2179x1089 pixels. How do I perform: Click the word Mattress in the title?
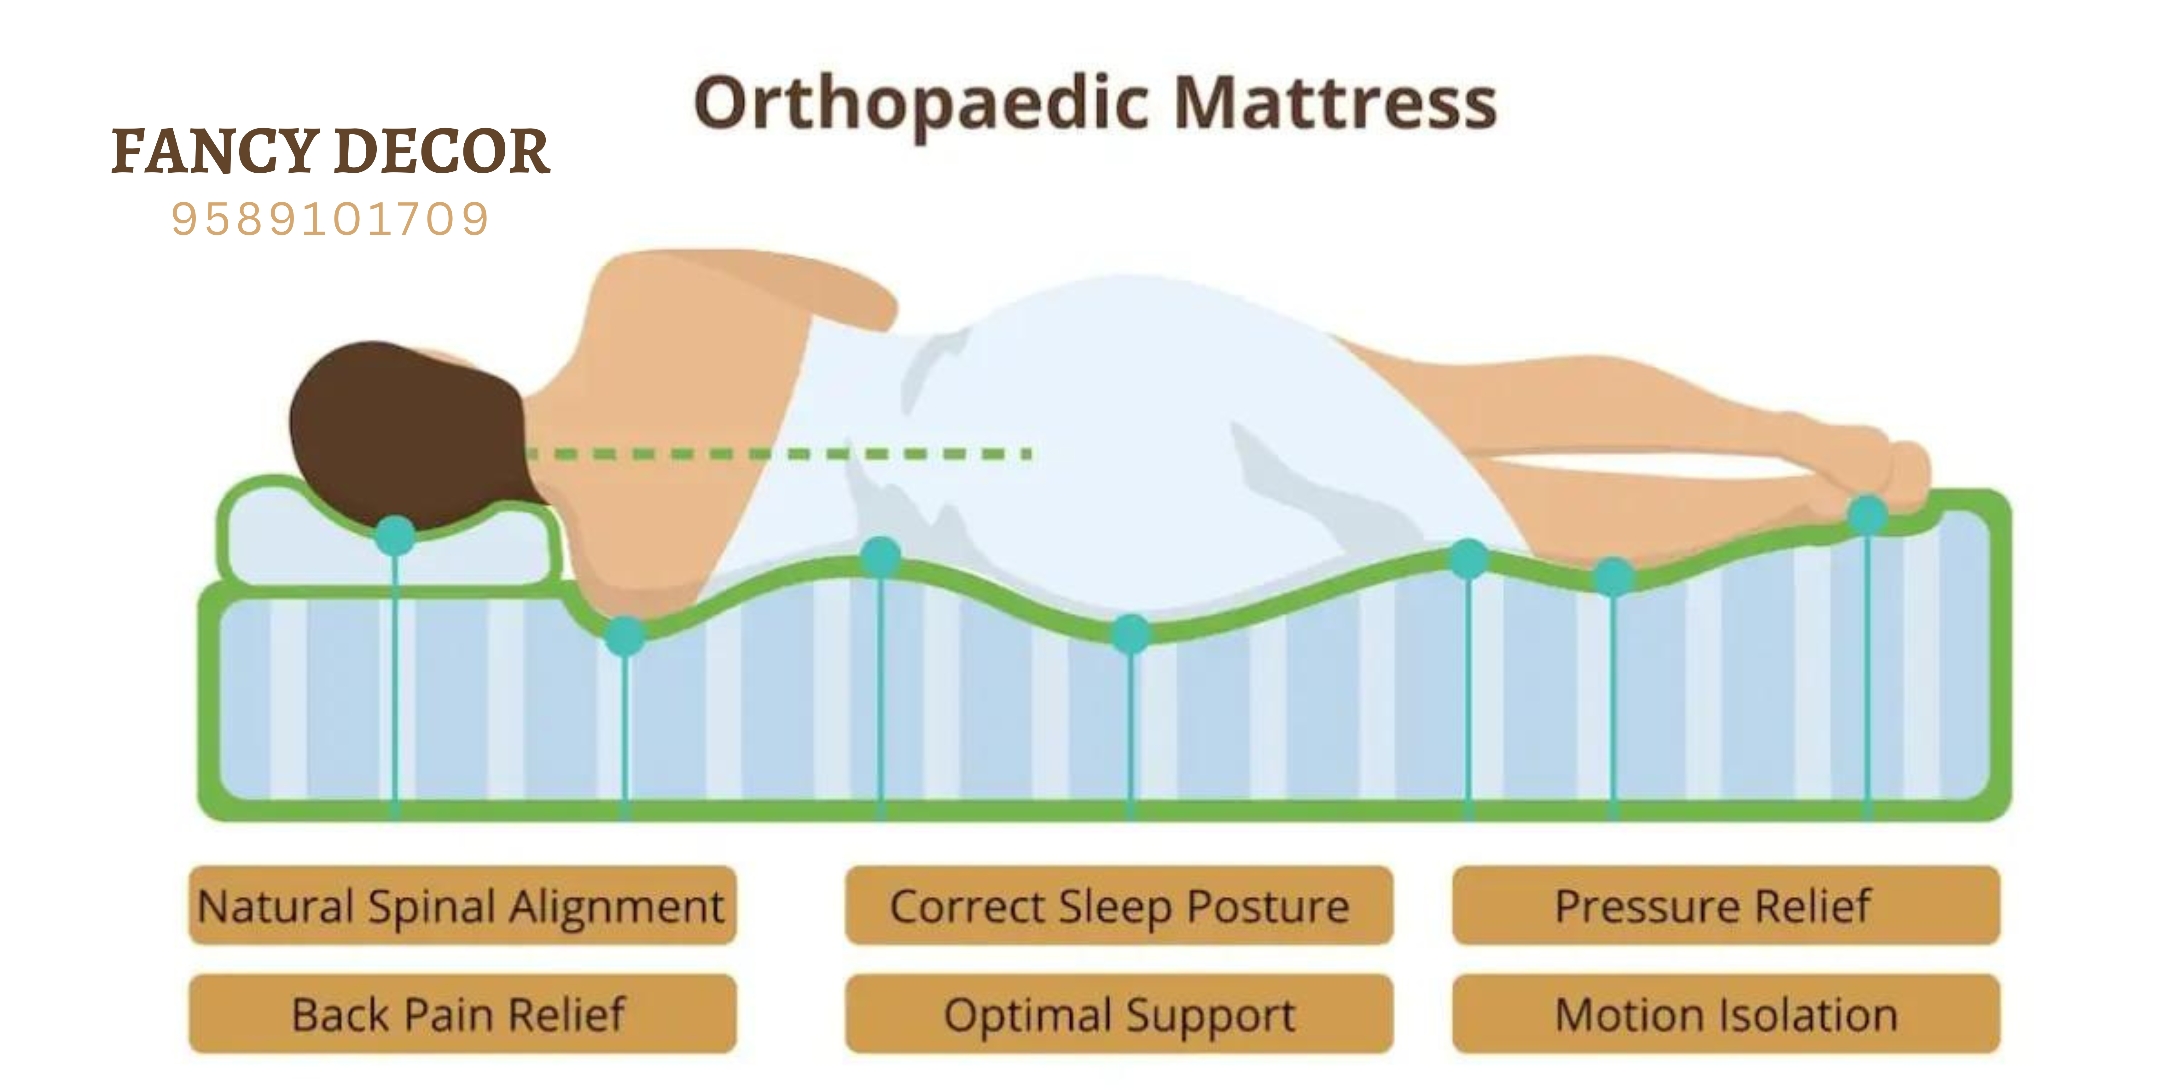1337,103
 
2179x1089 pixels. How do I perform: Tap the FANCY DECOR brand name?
331,152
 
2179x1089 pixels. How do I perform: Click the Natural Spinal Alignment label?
462,906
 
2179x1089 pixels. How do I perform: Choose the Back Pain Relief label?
462,1014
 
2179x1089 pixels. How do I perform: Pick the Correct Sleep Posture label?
1119,906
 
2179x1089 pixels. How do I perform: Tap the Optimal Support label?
1119,1014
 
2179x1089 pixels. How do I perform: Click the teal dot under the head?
395,535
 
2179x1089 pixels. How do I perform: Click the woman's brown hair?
406,431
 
